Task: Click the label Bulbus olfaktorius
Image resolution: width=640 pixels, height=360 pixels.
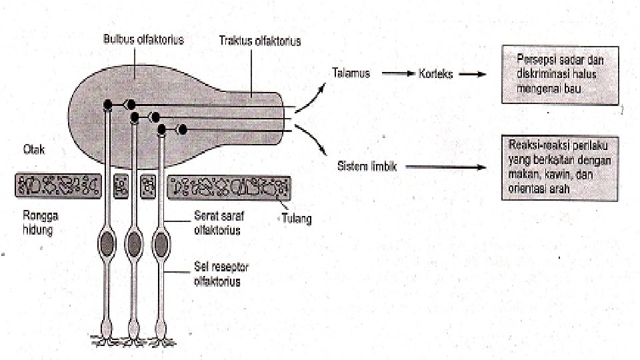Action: tap(143, 39)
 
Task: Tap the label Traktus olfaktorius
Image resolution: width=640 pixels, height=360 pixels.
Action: tap(260, 41)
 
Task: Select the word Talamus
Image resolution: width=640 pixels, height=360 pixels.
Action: tap(351, 73)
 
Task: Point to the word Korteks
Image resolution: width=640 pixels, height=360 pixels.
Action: tap(435, 74)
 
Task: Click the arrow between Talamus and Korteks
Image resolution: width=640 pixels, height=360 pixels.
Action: tap(398, 74)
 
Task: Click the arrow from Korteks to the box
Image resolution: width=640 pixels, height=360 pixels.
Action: tap(474, 74)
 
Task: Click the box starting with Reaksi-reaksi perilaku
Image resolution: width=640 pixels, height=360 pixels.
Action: tap(560, 167)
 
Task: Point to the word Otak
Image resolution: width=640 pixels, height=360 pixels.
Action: tap(34, 151)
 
